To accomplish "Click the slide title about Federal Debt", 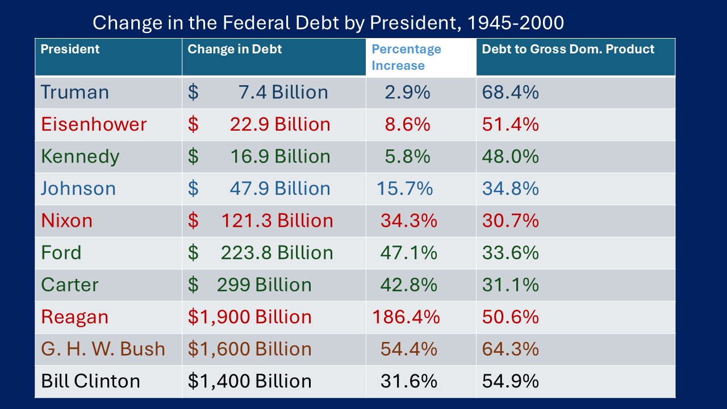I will [x=328, y=23].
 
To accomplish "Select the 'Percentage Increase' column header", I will [x=406, y=57].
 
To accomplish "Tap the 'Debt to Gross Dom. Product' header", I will [x=568, y=49].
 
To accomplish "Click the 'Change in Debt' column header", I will [x=235, y=49].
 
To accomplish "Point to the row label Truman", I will [x=74, y=92].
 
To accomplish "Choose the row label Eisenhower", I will [x=94, y=124].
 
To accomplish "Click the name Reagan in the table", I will [x=74, y=317].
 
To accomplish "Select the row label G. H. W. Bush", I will [x=103, y=349].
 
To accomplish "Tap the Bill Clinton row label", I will [x=90, y=381].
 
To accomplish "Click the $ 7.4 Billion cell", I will [x=258, y=92].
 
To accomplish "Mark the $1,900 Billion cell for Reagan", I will [x=250, y=317].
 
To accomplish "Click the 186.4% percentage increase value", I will [x=406, y=317].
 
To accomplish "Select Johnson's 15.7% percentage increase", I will [x=404, y=189].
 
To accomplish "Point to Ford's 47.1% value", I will [x=408, y=253].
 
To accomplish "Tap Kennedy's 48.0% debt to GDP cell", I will [x=510, y=156].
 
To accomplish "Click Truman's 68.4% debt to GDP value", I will [x=510, y=92].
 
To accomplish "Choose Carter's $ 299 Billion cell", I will [x=250, y=285].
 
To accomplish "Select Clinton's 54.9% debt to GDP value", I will [x=510, y=381].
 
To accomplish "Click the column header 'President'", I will [x=70, y=49].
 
